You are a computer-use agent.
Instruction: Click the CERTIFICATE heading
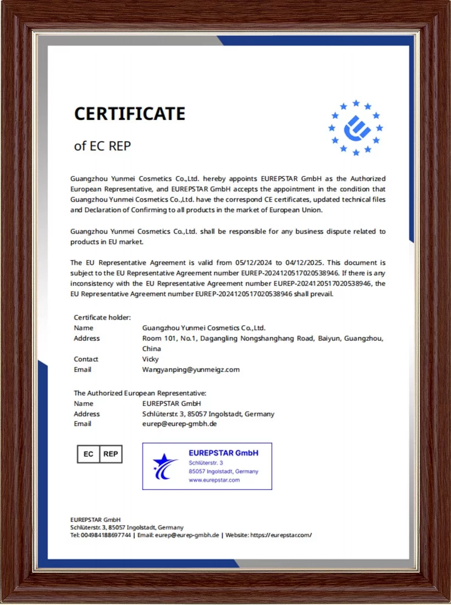click(130, 114)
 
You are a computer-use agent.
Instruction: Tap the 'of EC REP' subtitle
click(102, 146)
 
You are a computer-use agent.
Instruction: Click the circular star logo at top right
click(356, 128)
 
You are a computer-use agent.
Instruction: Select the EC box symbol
click(88, 454)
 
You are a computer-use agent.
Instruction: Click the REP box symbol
click(111, 454)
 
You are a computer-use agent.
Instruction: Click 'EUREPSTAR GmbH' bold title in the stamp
click(223, 453)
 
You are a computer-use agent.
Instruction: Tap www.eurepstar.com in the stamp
click(214, 480)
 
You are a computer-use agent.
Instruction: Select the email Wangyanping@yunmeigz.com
click(191, 369)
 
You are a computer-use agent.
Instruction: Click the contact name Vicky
click(150, 359)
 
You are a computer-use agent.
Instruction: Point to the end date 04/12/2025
click(302, 263)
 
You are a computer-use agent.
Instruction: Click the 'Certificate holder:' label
click(102, 317)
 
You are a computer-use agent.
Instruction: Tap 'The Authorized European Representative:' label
click(140, 393)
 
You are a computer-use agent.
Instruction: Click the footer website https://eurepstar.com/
click(281, 535)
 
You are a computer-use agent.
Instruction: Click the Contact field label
click(86, 359)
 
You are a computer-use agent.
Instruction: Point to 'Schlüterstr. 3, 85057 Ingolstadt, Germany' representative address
click(208, 414)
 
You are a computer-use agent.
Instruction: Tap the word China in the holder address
click(151, 348)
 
